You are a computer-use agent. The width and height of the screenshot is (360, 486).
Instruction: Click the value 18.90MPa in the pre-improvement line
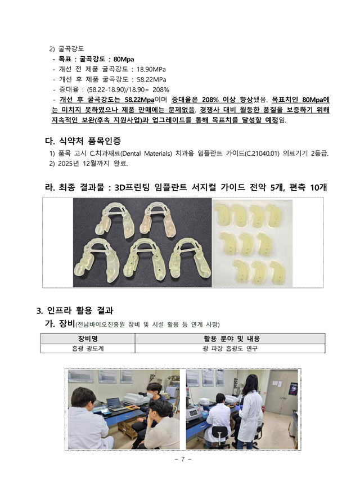[151, 69]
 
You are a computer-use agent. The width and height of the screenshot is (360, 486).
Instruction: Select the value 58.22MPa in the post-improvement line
[151, 79]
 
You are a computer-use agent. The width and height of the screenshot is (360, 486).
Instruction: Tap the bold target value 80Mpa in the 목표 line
[123, 59]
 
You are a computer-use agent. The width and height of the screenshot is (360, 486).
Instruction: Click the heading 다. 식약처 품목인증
[83, 141]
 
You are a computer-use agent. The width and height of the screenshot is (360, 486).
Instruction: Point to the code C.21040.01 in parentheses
[262, 153]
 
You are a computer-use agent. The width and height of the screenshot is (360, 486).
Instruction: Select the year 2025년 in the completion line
[68, 163]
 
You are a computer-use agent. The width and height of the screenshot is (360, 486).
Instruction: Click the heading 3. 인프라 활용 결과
[75, 310]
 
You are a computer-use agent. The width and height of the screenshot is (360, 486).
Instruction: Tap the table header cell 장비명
[88, 339]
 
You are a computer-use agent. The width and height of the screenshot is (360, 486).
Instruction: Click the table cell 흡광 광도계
[88, 348]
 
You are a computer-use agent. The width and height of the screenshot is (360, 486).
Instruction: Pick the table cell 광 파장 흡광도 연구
[229, 348]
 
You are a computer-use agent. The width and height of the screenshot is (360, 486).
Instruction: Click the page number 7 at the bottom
[183, 459]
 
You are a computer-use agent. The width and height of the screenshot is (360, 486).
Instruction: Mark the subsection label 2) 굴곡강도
[66, 49]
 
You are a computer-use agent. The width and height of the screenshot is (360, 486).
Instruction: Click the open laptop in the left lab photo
[114, 404]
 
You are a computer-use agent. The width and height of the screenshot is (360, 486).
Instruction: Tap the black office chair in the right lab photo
[220, 437]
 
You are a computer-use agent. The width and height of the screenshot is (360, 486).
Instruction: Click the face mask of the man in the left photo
[150, 394]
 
